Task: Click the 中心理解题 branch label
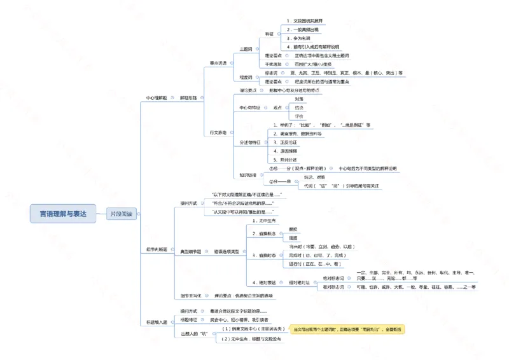[x=157, y=99]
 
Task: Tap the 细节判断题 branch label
[x=157, y=249]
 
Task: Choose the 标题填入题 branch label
[x=157, y=322]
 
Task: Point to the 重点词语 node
[x=218, y=63]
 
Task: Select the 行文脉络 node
[x=218, y=132]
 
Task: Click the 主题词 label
[x=246, y=49]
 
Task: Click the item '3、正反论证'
[x=286, y=142]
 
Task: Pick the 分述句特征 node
[x=249, y=142]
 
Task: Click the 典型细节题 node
[x=190, y=251]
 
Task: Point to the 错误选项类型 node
[x=226, y=251]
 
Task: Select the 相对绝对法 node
[x=301, y=282]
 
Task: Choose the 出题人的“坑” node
[x=195, y=333]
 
